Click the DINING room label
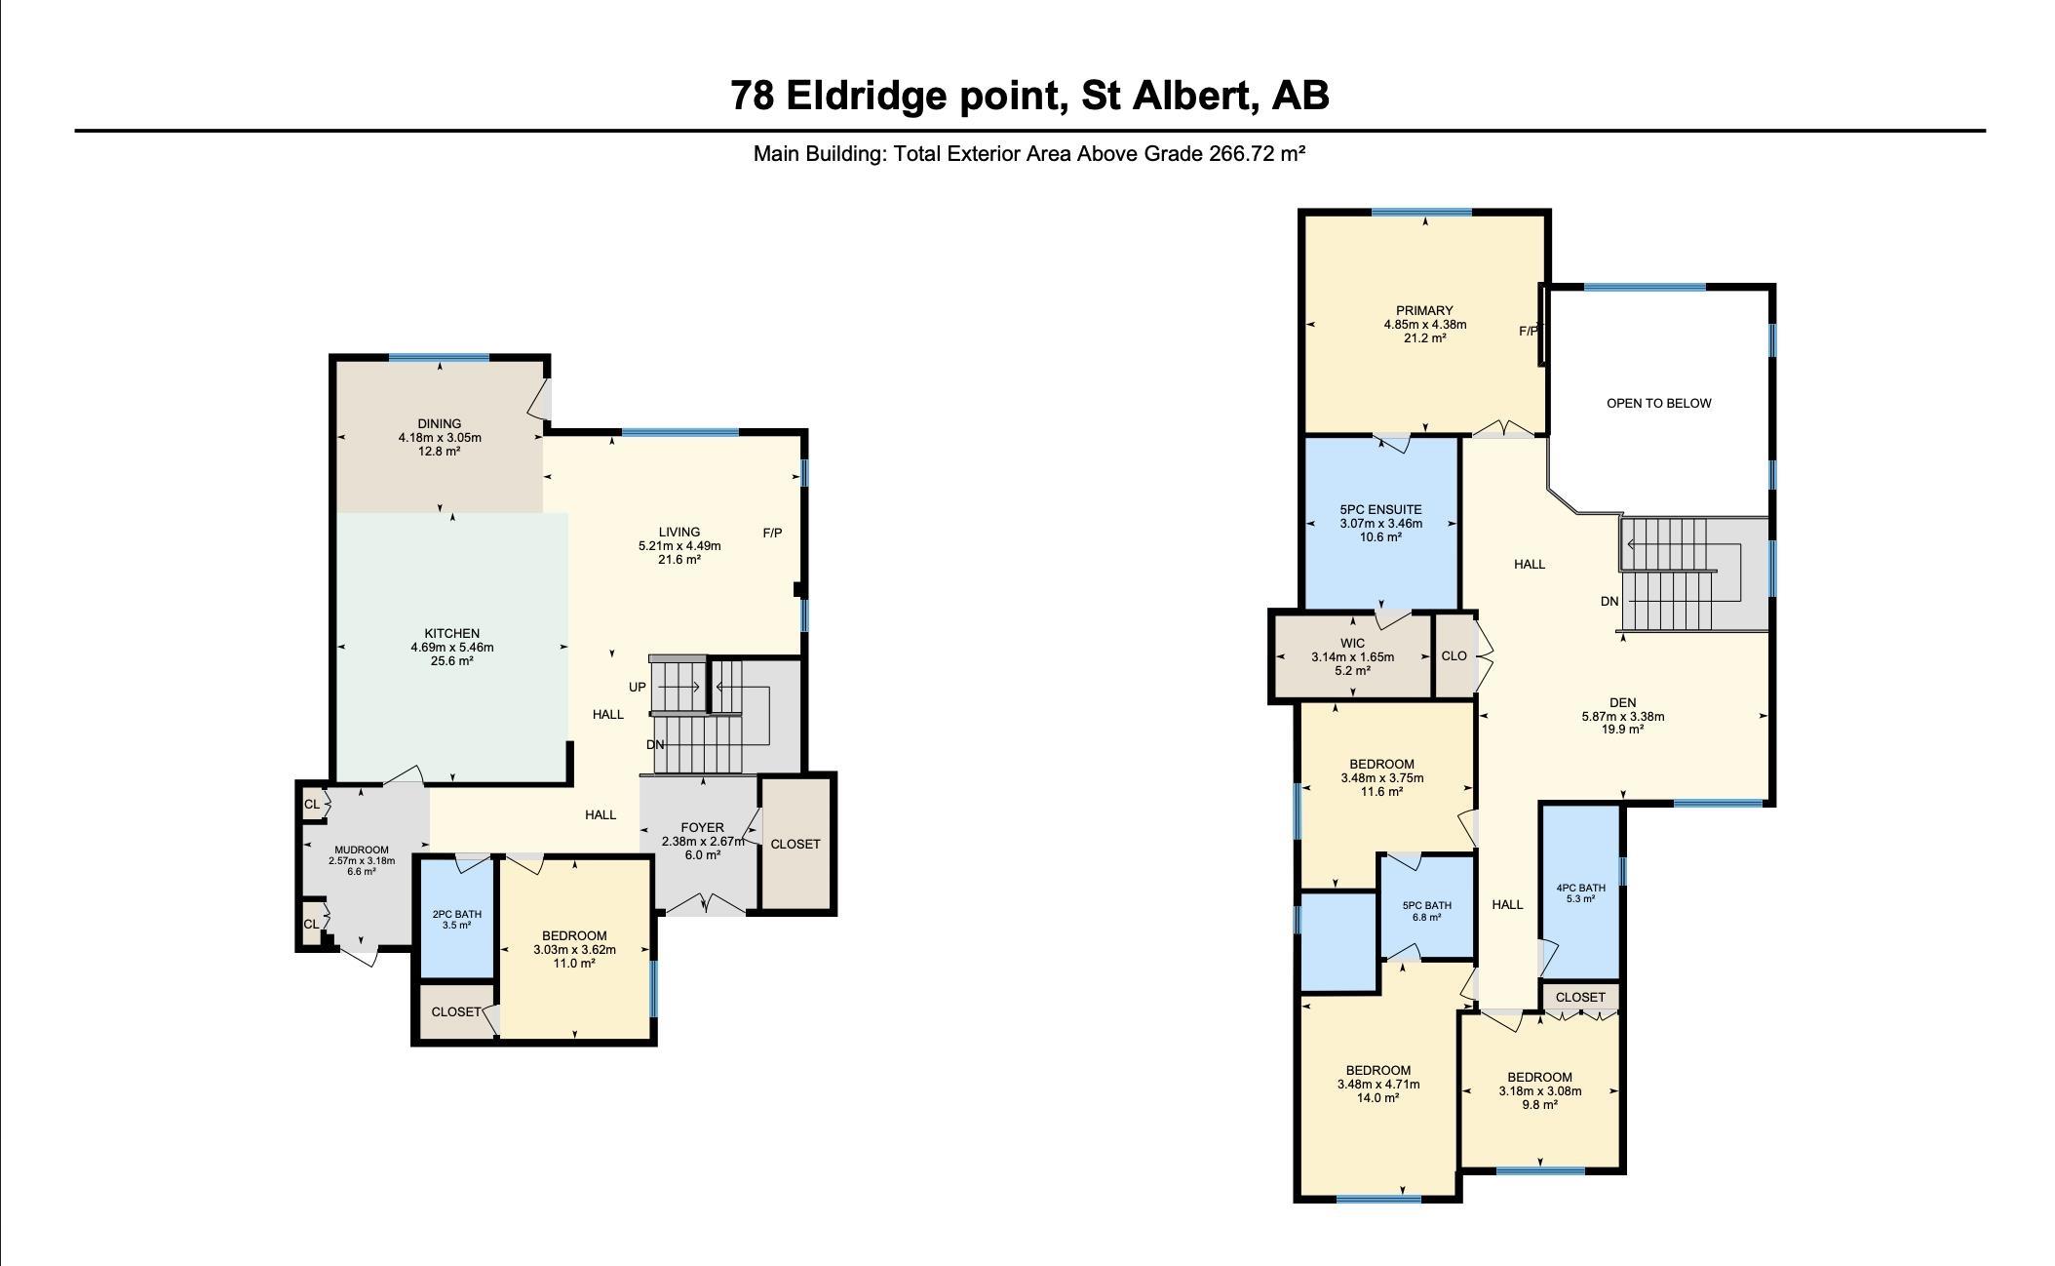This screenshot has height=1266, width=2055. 440,423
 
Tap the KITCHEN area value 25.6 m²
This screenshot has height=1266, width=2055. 452,660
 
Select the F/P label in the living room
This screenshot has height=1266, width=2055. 772,533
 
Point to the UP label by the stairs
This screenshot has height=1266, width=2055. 638,687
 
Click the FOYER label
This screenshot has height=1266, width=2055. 703,827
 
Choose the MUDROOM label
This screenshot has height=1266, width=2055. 362,850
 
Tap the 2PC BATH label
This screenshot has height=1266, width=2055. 457,914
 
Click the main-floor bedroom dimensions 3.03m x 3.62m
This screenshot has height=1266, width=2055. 575,949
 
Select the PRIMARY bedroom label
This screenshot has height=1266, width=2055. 1424,311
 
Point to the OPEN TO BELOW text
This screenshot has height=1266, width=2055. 1659,403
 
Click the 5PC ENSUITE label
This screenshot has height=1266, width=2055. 1381,509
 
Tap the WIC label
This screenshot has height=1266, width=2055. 1353,643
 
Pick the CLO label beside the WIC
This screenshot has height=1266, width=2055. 1454,655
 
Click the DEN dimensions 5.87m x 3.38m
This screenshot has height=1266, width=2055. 1623,716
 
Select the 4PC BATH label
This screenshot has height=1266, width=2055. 1580,888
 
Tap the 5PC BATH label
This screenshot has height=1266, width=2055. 1427,905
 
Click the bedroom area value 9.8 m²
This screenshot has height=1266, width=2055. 1540,1105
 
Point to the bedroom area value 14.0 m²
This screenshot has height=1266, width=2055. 1378,1097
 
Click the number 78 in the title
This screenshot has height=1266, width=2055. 753,96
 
